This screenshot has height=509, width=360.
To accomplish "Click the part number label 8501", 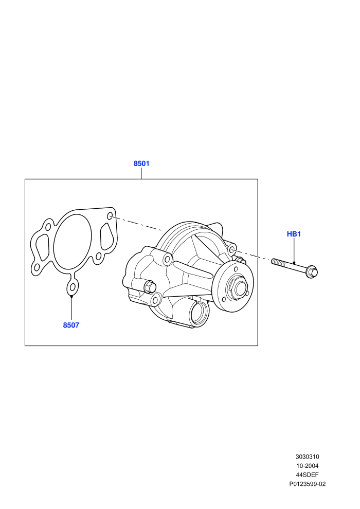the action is [141, 163].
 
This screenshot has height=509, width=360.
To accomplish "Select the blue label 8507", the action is [71, 325].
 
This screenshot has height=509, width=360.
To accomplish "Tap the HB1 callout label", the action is [294, 234].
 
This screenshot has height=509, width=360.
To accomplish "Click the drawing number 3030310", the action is [307, 457].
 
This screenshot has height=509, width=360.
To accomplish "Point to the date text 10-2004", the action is [307, 466].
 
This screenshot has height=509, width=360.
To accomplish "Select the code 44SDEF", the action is [307, 475].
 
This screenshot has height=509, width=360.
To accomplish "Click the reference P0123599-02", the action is [308, 484].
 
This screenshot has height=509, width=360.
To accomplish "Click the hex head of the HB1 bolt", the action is [312, 272].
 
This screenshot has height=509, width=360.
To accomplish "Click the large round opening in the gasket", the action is [73, 241].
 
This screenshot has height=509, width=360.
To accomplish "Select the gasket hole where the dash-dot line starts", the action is [110, 216].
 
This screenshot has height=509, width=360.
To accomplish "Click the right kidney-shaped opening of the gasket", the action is [106, 237].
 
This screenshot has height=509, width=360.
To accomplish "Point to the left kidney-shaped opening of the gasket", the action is [42, 248].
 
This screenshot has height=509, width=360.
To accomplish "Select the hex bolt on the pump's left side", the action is [150, 287].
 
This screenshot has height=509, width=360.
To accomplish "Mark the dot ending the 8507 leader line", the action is [71, 296].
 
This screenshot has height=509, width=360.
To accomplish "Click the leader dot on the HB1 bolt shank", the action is [294, 262].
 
